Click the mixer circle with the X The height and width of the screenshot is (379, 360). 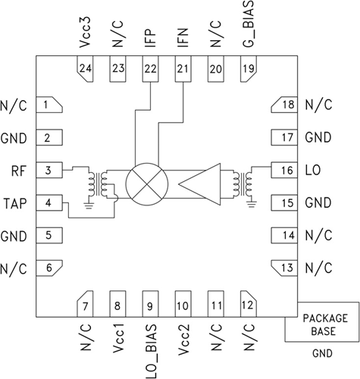tap(146, 184)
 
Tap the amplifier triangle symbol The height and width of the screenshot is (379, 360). tap(199, 184)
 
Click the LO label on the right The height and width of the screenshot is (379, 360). tap(312, 171)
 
